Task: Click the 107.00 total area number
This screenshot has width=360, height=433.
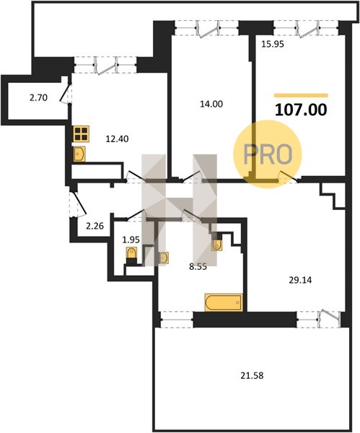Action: tap(301, 110)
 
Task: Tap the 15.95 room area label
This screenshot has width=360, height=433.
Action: tap(273, 44)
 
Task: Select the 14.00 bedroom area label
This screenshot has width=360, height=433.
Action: tap(211, 104)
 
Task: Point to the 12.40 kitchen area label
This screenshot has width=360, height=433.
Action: tap(118, 139)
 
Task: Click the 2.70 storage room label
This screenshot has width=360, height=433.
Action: tap(39, 97)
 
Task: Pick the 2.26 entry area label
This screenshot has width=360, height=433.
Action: tap(95, 226)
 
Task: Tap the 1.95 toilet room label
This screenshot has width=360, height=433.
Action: tap(131, 240)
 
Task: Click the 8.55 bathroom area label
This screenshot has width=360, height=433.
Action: tap(198, 267)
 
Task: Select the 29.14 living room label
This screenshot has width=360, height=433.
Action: tap(300, 280)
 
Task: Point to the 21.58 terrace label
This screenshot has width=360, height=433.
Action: tap(252, 375)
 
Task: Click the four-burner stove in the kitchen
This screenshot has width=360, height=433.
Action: tap(82, 134)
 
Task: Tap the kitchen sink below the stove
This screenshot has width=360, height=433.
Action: tap(79, 154)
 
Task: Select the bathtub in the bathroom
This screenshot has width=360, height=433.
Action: tap(224, 302)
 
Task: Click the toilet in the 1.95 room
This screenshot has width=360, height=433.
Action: tap(131, 255)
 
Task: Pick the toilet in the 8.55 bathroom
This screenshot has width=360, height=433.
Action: tap(217, 244)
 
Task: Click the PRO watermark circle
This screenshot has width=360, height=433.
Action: tap(268, 154)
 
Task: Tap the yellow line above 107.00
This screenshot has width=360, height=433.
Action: tap(301, 95)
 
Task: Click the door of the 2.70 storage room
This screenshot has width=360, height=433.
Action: tap(65, 93)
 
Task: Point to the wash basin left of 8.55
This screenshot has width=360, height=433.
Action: tap(164, 258)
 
